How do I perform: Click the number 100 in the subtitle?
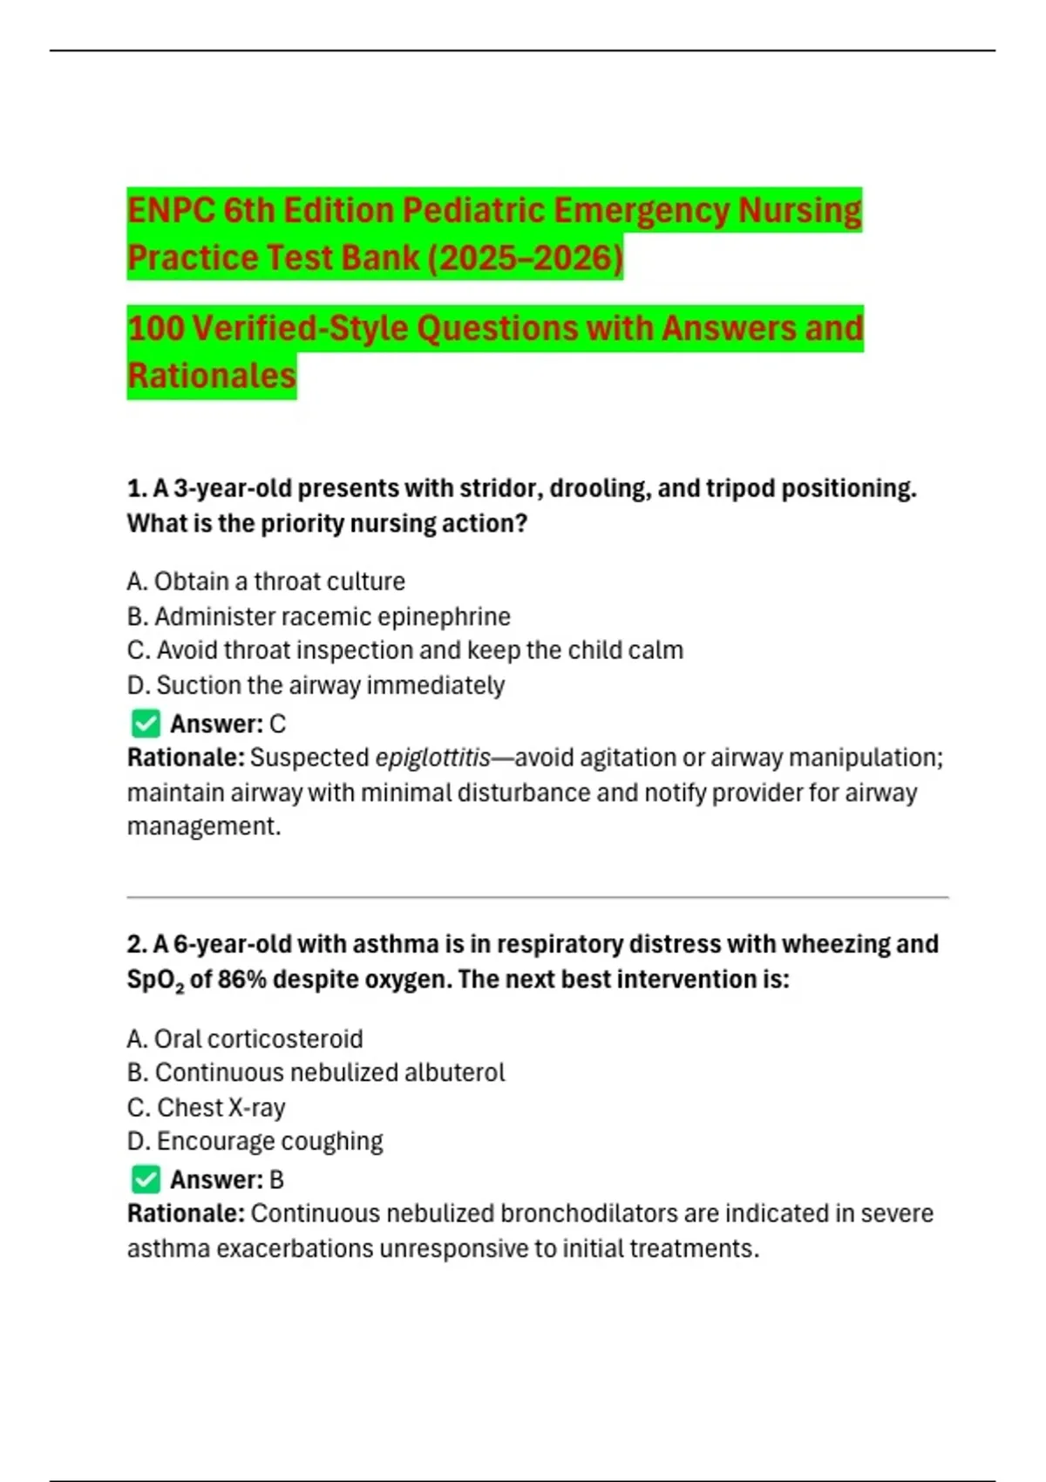tap(155, 329)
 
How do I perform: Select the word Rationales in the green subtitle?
tap(212, 376)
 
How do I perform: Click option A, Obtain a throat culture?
tap(266, 581)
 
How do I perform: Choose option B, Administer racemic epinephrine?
tap(318, 616)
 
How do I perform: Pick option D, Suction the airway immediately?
tap(316, 685)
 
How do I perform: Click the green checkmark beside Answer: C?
tap(146, 724)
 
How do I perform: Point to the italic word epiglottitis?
tap(432, 758)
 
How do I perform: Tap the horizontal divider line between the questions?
tap(537, 896)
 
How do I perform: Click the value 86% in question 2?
tap(242, 980)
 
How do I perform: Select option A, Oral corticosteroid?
tap(244, 1039)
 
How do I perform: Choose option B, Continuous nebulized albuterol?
tap(316, 1072)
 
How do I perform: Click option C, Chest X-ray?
tap(206, 1107)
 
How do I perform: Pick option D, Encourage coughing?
tap(255, 1141)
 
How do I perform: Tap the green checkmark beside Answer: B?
tap(146, 1179)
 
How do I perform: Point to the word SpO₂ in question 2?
tap(155, 980)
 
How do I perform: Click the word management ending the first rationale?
tap(202, 826)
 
